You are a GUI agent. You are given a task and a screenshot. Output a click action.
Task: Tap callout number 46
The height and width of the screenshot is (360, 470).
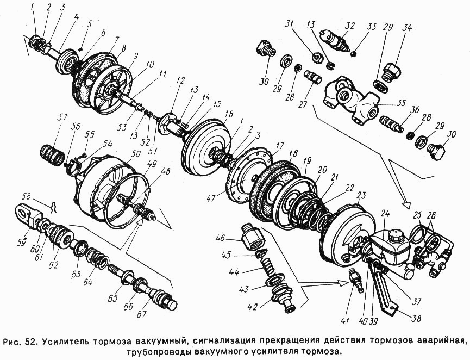point(234,238)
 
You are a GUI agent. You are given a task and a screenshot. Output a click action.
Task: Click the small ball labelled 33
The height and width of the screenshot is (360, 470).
point(354,53)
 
